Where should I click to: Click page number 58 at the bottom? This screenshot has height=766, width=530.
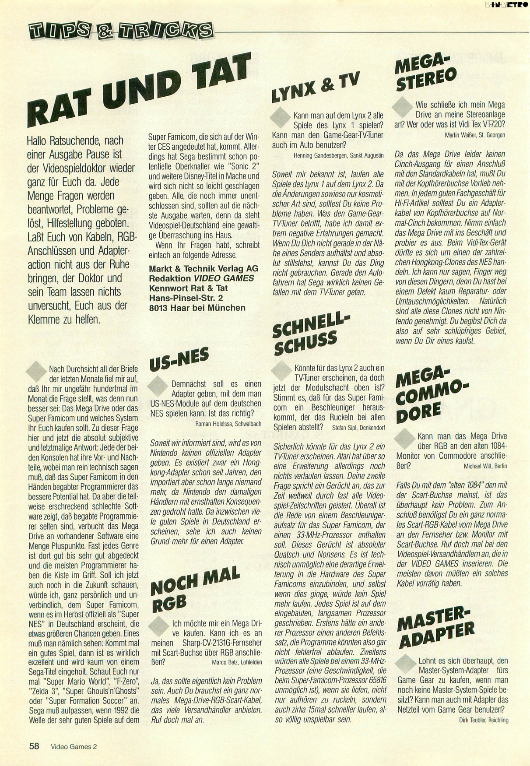[35, 746]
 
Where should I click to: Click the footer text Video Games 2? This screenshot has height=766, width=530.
[74, 747]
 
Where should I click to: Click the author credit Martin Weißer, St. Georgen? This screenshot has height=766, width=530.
[475, 135]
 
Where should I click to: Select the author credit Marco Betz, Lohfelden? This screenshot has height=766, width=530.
[237, 662]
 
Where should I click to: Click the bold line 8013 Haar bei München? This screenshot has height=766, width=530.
[197, 307]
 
